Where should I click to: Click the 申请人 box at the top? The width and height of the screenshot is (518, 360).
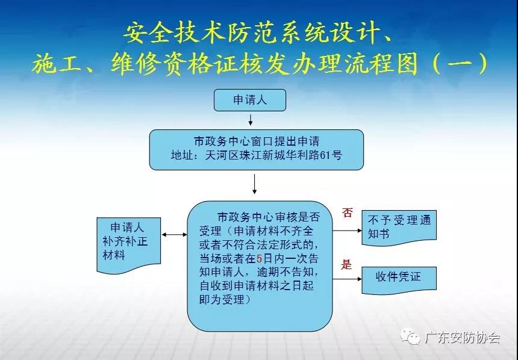[x=250, y=100]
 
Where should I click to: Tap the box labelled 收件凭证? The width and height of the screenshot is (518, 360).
[x=399, y=280]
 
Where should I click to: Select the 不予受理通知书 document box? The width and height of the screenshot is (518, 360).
[x=399, y=228]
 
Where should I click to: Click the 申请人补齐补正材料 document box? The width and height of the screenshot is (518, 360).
[x=129, y=245]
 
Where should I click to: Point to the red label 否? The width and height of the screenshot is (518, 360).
[x=347, y=213]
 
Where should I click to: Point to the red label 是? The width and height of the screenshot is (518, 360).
[x=346, y=264]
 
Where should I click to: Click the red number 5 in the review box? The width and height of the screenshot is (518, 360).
[x=260, y=258]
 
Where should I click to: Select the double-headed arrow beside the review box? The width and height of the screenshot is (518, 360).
[x=175, y=235]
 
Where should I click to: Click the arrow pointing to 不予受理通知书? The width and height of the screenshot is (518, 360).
[x=347, y=231]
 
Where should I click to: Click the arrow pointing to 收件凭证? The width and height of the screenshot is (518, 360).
[x=347, y=279]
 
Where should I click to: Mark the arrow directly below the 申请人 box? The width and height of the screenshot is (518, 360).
[x=251, y=120]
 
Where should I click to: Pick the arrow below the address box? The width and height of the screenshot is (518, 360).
[x=254, y=184]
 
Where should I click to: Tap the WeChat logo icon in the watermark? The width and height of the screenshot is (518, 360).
[x=410, y=337]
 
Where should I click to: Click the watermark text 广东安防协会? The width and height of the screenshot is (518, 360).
[x=462, y=338]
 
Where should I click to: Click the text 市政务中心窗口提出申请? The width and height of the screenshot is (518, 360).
[x=257, y=141]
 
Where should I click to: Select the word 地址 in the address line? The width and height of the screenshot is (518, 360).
[x=182, y=155]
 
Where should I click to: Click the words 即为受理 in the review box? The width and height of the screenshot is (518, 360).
[x=222, y=300]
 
